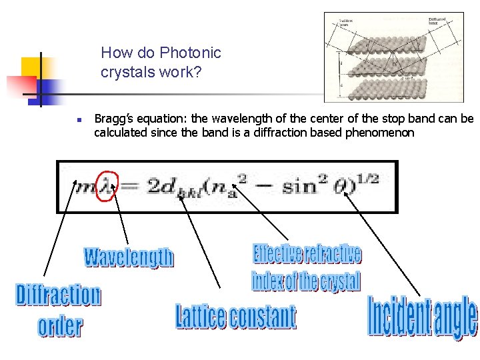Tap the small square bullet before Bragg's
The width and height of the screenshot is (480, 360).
[78, 121]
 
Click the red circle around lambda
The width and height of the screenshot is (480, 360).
[107, 184]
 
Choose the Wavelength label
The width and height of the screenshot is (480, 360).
[129, 257]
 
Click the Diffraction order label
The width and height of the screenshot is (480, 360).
[59, 310]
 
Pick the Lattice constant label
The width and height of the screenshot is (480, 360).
[235, 317]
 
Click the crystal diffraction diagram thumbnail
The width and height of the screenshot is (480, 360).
[393, 57]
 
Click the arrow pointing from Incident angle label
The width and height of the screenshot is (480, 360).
[383, 243]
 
